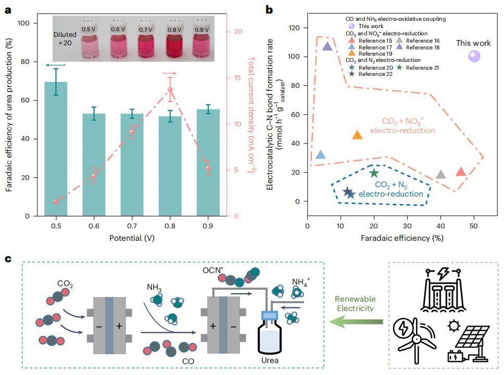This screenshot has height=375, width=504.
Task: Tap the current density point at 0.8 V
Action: click(170, 90)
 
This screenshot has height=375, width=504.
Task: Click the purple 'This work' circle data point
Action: click(474, 56)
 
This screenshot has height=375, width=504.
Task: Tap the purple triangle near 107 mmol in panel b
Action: click(327, 46)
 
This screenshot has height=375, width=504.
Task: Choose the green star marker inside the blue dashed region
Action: click(374, 173)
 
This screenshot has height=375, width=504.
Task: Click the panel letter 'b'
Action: click(269, 9)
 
